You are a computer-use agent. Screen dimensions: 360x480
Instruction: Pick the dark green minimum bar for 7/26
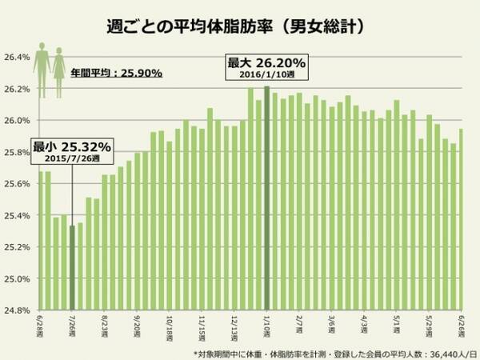72,268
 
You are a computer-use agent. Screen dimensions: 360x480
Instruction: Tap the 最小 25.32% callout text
72,147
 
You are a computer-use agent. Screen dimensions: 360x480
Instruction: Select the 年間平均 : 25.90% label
116,73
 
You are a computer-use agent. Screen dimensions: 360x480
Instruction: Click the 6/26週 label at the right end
462,326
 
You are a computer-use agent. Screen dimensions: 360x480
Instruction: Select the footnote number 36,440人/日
439,351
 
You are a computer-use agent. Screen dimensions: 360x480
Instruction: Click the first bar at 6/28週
40,241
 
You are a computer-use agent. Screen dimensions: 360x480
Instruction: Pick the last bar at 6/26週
461,220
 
